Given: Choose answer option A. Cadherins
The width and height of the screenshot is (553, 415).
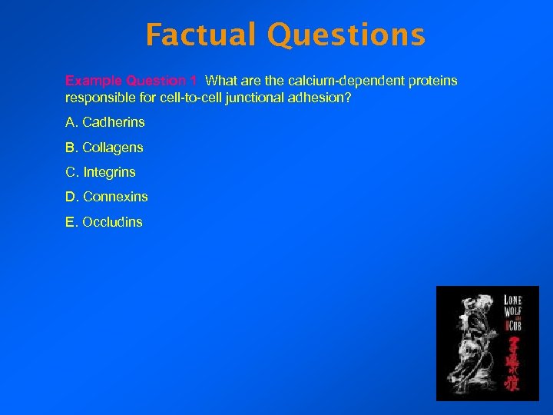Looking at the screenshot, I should click(x=105, y=122).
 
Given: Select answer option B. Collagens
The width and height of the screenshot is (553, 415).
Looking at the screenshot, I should click(x=104, y=148).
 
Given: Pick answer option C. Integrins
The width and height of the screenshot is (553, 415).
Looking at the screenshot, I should click(x=101, y=172).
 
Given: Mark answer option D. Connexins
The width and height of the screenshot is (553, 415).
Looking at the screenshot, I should click(x=107, y=197).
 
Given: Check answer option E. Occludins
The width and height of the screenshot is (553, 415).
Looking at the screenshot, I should click(x=104, y=222).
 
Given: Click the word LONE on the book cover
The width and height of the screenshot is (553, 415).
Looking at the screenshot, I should click(x=513, y=298).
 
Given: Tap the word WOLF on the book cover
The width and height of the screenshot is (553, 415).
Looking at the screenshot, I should click(x=513, y=311).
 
